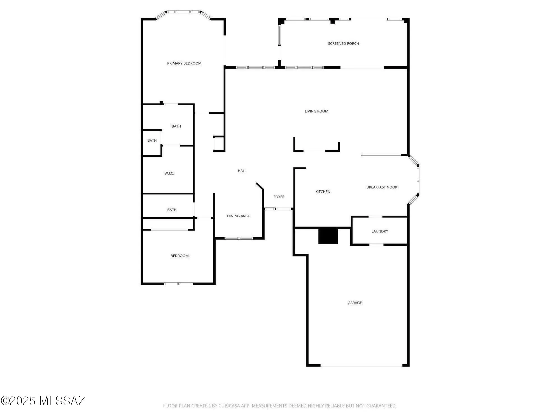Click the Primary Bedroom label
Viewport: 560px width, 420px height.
[x=184, y=63]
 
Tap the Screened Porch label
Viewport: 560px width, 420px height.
[x=343, y=43]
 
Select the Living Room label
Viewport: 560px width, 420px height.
[x=316, y=111]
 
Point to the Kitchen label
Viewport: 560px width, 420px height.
[x=323, y=192]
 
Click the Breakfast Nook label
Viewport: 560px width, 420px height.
[x=382, y=187]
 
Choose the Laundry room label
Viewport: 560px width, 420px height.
[x=380, y=231]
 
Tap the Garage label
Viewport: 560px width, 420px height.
[x=354, y=303]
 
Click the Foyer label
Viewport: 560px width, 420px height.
[x=279, y=197]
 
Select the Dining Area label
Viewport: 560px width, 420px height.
[x=238, y=216]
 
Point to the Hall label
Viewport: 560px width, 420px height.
[x=242, y=171]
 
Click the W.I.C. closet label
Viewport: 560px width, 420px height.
[x=169, y=173]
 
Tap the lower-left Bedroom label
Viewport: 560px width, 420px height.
[x=179, y=256]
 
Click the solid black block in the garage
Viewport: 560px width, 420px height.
[x=328, y=236]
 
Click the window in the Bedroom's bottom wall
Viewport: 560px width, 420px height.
[x=178, y=284]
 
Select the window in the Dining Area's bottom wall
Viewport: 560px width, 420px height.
[x=239, y=238]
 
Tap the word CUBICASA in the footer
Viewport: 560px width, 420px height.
[x=229, y=406]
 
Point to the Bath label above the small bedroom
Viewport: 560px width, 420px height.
[x=172, y=210]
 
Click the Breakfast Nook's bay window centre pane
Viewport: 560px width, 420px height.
[x=418, y=180]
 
